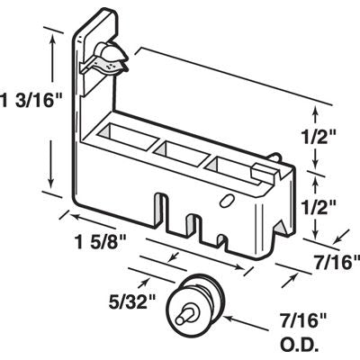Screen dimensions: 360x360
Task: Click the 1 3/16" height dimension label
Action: click(x=25, y=100)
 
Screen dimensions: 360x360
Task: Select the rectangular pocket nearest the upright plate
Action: click(x=121, y=139)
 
